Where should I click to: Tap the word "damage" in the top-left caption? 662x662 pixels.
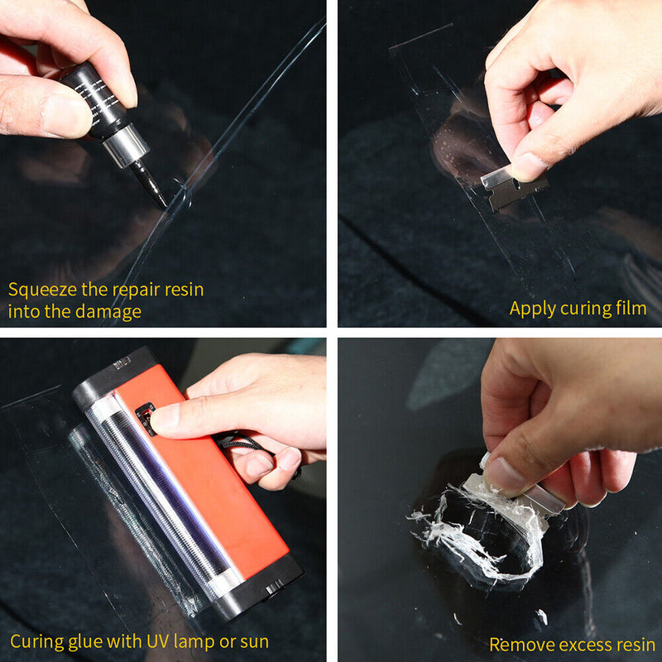(111, 312)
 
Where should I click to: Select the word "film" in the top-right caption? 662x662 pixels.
(631, 309)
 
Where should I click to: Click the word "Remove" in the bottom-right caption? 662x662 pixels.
(518, 644)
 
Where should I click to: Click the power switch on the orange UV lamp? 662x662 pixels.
(146, 417)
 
